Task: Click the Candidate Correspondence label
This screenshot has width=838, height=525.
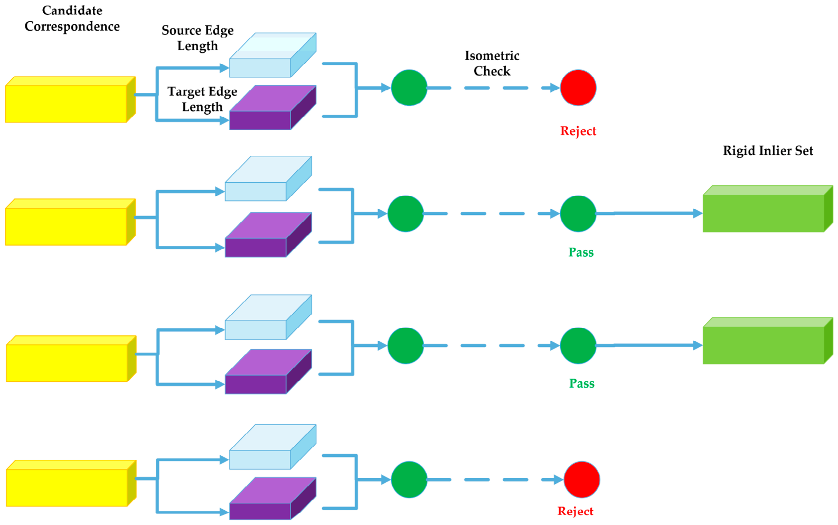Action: [x=72, y=18]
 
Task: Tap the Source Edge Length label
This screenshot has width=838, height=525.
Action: [x=197, y=38]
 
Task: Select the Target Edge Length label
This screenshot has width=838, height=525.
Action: [x=202, y=99]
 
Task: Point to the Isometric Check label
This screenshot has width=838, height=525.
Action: [x=492, y=63]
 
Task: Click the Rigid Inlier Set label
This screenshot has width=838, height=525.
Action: [x=768, y=151]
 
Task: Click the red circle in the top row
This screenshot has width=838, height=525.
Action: [x=578, y=88]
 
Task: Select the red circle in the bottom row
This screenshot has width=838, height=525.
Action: [x=582, y=480]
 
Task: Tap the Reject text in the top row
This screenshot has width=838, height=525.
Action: [x=578, y=131]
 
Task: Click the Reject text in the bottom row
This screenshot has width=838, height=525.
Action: [x=576, y=511]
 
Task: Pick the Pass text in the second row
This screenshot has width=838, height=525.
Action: [x=581, y=252]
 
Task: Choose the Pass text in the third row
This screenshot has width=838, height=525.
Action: [x=582, y=383]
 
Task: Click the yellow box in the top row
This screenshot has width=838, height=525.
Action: [x=70, y=99]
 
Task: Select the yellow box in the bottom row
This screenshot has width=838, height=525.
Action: [x=71, y=483]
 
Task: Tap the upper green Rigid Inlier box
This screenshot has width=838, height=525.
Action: [x=768, y=209]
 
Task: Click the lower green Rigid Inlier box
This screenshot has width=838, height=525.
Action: [x=768, y=341]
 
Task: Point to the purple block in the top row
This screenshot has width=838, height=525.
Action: [x=272, y=108]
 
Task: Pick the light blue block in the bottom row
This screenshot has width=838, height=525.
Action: [x=272, y=447]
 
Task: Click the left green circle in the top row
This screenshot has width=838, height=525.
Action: [x=409, y=88]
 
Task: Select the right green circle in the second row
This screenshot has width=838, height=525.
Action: [x=578, y=214]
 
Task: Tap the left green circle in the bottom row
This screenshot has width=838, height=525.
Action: [x=409, y=480]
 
